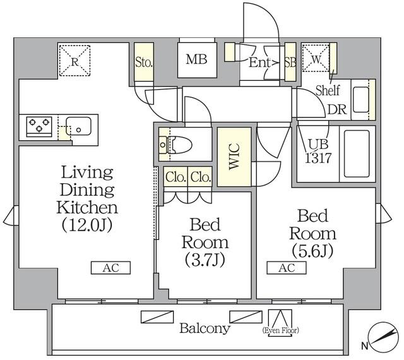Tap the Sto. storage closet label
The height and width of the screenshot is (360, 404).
(143, 62)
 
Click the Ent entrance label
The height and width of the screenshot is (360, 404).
(260, 62)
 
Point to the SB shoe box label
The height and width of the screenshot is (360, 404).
(290, 62)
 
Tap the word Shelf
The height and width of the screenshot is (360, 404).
(328, 88)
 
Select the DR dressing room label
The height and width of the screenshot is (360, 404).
(336, 109)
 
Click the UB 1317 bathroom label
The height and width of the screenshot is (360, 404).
(319, 152)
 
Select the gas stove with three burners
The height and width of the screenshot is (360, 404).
(40, 127)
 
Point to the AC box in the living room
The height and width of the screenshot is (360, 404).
(110, 268)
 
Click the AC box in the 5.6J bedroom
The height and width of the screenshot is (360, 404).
(287, 268)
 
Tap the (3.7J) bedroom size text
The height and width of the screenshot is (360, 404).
(205, 258)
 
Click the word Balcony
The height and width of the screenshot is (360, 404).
(204, 328)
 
